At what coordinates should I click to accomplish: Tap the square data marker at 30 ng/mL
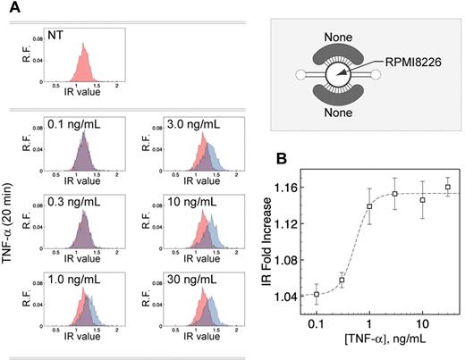coord(447,187)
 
